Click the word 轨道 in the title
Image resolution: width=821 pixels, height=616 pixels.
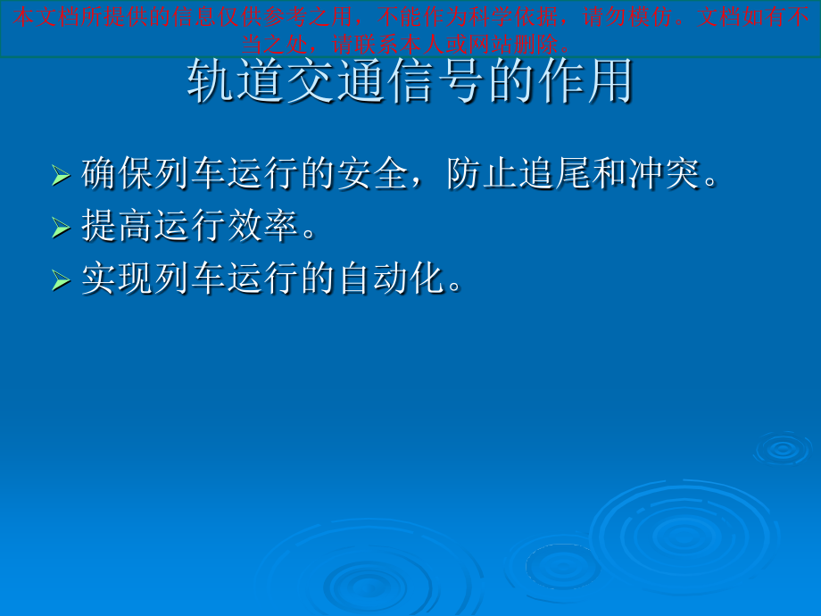click(235, 83)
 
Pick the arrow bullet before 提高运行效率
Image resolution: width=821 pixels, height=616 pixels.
click(61, 228)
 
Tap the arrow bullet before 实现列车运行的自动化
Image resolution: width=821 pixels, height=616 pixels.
click(61, 280)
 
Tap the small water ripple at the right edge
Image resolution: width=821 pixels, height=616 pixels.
click(783, 448)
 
